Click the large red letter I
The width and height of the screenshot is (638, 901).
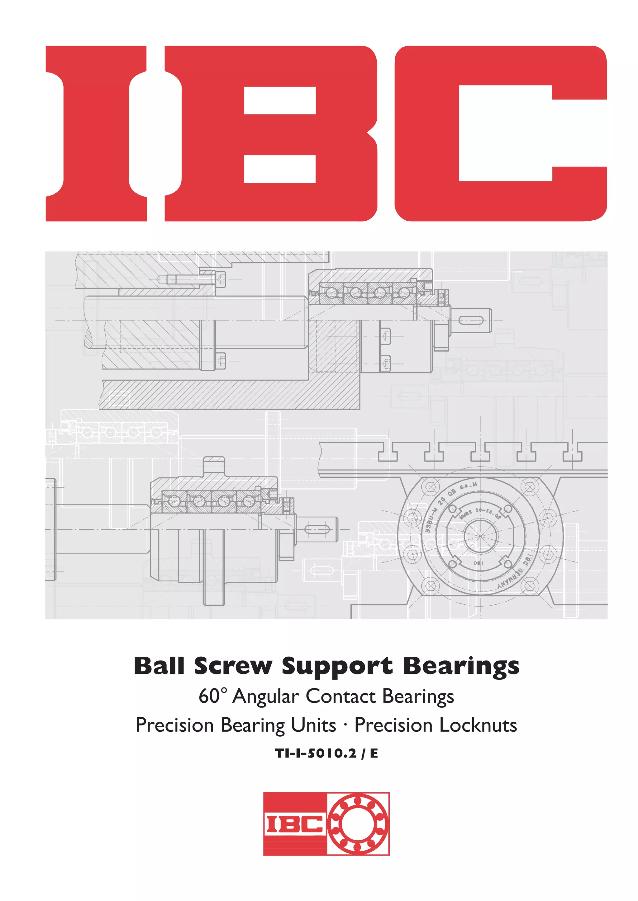[96, 134]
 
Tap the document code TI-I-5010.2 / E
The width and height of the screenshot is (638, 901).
[326, 753]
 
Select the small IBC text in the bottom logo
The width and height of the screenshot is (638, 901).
[294, 824]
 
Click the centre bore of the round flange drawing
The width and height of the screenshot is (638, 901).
[480, 536]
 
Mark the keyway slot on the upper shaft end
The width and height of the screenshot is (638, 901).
[471, 321]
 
